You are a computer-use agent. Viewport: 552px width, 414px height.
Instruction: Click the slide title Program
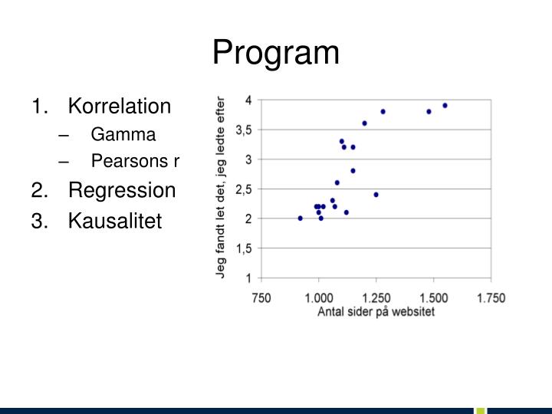coord(276,53)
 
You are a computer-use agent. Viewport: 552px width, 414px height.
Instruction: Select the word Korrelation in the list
coord(120,106)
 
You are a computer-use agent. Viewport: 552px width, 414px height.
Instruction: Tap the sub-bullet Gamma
coord(123,134)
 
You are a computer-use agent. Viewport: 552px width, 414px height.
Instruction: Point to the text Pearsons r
coord(135,160)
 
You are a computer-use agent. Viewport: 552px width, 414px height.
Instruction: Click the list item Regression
coord(122,190)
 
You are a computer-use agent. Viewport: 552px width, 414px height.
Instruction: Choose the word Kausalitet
coord(115,221)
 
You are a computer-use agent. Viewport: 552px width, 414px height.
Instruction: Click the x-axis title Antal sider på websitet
coord(376,311)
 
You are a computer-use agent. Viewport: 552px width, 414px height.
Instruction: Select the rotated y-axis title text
coord(220,188)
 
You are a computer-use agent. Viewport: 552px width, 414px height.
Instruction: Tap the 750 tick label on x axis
coord(261,298)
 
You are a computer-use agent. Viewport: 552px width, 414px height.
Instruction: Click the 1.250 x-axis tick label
coord(376,298)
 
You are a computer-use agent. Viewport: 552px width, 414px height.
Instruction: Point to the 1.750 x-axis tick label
coord(491,298)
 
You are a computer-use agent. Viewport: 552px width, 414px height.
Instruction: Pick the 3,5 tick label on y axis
coord(245,130)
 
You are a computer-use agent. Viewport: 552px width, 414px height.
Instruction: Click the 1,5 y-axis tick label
coord(245,248)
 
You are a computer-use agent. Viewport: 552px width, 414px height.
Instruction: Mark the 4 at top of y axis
coord(249,100)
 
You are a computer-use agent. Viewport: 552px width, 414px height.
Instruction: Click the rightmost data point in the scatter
coord(445,106)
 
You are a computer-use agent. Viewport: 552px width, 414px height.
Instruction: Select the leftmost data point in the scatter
coord(301,219)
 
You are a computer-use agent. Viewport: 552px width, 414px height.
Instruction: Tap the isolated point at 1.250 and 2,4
coord(376,195)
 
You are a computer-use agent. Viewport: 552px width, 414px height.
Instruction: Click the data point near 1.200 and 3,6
coord(364,123)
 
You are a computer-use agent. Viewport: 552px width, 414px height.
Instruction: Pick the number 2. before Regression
coord(40,190)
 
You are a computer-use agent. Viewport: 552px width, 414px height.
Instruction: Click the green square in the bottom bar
coord(481,411)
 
